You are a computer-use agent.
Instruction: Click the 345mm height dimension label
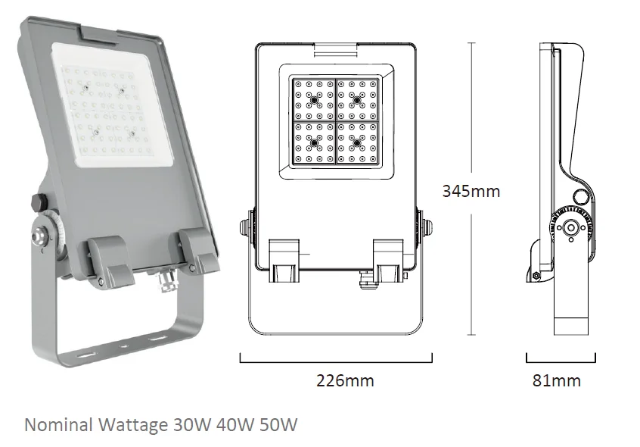click(x=471, y=191)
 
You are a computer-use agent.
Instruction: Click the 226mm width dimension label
click(x=345, y=380)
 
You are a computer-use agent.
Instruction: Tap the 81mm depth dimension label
click(x=556, y=380)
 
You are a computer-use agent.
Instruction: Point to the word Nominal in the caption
click(x=59, y=425)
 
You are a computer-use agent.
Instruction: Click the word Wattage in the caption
click(x=133, y=426)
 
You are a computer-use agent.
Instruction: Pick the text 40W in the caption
click(x=235, y=425)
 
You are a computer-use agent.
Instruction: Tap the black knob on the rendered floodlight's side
click(x=39, y=202)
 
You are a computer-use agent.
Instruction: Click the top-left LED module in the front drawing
click(x=314, y=100)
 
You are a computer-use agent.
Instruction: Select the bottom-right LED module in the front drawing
click(x=357, y=142)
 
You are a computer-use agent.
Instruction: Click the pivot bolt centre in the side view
click(x=570, y=228)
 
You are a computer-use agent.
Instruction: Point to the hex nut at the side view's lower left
click(x=536, y=277)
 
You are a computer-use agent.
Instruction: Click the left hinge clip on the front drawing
click(x=284, y=261)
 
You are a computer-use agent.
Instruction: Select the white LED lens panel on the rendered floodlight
click(x=109, y=107)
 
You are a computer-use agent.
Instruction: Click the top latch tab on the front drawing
click(x=336, y=49)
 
